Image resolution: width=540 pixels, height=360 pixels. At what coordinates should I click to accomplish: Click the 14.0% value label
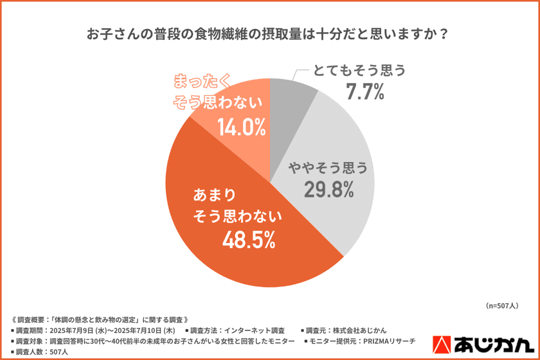click(241, 127)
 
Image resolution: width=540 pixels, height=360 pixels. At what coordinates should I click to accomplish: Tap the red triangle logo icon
click(445, 344)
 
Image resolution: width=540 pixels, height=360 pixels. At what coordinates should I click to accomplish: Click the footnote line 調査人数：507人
click(40, 352)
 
